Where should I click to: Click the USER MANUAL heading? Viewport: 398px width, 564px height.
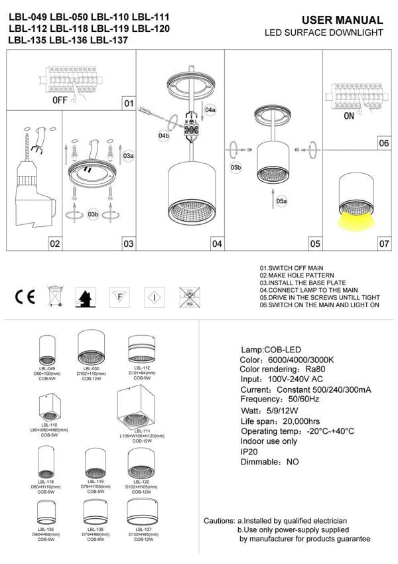(342, 21)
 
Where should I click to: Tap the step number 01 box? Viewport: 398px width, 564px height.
(129, 104)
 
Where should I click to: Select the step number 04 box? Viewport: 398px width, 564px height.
(216, 244)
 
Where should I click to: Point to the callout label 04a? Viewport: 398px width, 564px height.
(210, 109)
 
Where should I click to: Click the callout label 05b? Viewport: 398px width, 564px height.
(235, 168)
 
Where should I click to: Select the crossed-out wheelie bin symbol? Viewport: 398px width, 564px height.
(54, 296)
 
